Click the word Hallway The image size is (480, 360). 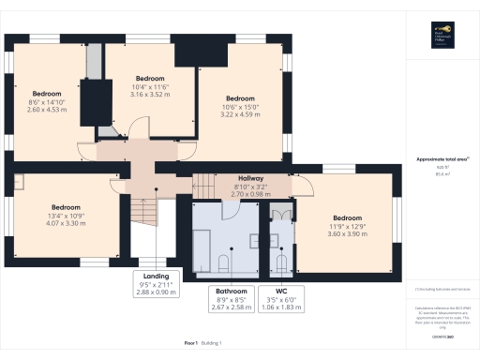249,178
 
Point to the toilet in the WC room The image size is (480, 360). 282,261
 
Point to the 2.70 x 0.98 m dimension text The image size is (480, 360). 249,194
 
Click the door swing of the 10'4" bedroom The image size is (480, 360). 137,128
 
